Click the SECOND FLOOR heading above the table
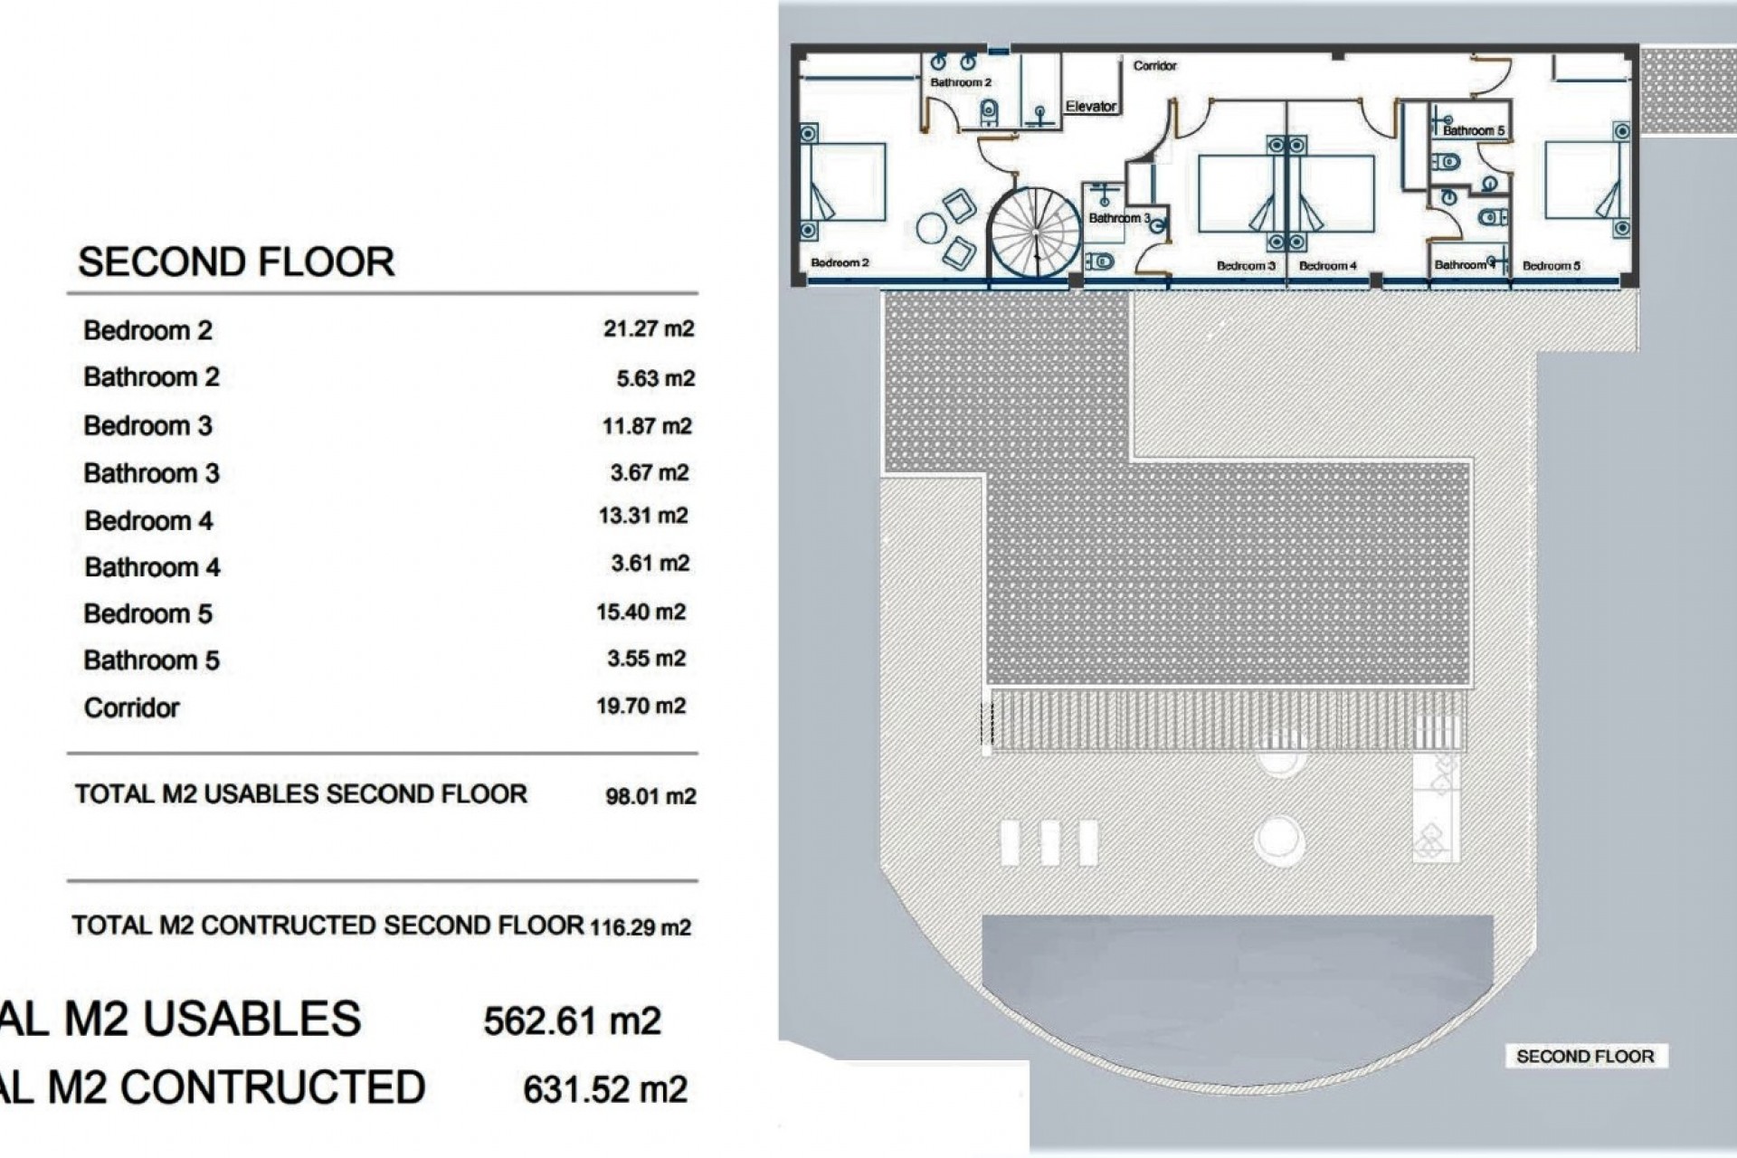236,262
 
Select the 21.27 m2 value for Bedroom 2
649,328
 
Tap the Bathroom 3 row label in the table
151,473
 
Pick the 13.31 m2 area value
643,516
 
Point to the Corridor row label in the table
131,707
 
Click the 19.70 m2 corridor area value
641,706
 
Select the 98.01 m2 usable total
650,796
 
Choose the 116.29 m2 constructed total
641,927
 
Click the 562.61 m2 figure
572,1021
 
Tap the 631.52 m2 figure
605,1089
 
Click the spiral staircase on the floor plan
1034,233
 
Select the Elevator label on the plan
1091,106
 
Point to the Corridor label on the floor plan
1154,65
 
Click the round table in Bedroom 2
931,228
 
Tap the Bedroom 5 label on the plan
1552,266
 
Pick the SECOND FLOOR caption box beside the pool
1585,1056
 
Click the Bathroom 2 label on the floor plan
961,82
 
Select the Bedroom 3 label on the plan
1246,266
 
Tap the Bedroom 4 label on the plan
1328,266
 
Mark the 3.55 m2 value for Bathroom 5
646,659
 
